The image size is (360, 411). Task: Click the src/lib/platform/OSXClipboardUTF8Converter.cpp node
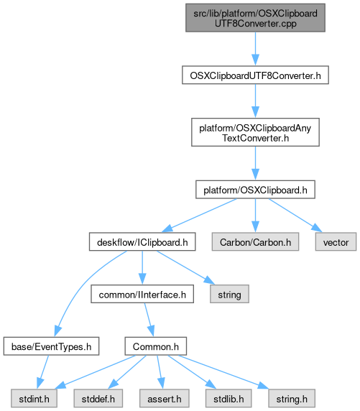pyautogui.click(x=255, y=18)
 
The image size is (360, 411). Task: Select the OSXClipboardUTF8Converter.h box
pyautogui.click(x=255, y=75)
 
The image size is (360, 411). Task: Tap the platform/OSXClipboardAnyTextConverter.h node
pyautogui.click(x=255, y=132)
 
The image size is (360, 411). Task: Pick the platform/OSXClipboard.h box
pyautogui.click(x=255, y=190)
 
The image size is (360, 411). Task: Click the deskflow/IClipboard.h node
pyautogui.click(x=142, y=241)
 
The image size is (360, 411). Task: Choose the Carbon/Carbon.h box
pyautogui.click(x=255, y=241)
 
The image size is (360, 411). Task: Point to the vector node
pyautogui.click(x=336, y=241)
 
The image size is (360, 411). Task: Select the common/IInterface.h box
pyautogui.click(x=142, y=294)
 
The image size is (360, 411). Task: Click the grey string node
pyautogui.click(x=229, y=294)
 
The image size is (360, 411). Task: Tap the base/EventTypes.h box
pyautogui.click(x=51, y=346)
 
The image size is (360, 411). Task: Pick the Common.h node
pyautogui.click(x=156, y=346)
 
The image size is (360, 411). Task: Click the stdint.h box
pyautogui.click(x=34, y=398)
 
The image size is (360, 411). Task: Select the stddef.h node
pyautogui.click(x=98, y=398)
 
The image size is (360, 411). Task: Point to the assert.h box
pyautogui.click(x=164, y=398)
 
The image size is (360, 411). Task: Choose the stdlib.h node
pyautogui.click(x=229, y=398)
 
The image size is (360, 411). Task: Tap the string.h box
pyautogui.click(x=292, y=398)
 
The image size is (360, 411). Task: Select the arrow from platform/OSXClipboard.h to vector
pyautogui.click(x=295, y=215)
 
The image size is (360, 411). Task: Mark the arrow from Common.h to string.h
pyautogui.click(x=223, y=372)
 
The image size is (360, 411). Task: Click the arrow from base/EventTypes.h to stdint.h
pyautogui.click(x=42, y=372)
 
